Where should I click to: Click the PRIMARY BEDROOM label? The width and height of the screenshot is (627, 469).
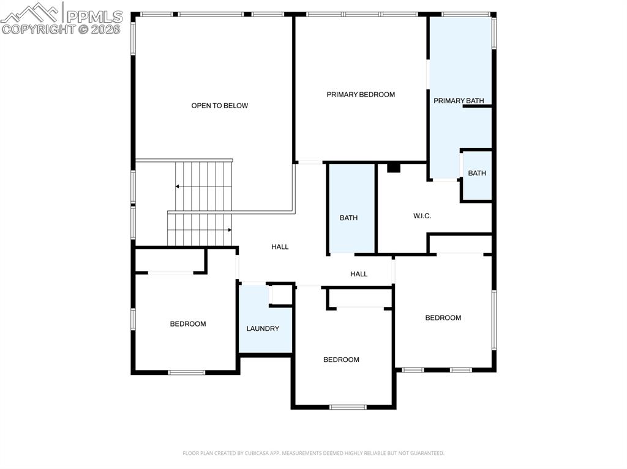361,95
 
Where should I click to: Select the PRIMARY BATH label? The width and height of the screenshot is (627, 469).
459,101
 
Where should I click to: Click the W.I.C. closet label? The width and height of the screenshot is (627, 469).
422,216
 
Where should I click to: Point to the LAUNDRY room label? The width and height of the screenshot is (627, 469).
263,329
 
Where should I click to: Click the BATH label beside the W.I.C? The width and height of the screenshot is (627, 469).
348,218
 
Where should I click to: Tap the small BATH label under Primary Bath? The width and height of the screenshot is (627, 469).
477,174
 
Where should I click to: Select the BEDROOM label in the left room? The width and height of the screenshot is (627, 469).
188,324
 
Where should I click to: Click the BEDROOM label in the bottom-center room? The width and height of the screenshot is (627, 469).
341,360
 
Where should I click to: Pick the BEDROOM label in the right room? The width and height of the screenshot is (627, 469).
443,318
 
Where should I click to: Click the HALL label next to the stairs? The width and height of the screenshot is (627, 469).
280,247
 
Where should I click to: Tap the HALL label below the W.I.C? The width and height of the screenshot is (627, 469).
359,274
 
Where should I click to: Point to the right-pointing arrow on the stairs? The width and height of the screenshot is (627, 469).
229,230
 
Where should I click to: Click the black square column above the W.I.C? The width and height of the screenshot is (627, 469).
394,168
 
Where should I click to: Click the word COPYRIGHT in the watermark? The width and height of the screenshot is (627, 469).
38,29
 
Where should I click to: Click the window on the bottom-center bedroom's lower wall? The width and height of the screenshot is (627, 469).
348,407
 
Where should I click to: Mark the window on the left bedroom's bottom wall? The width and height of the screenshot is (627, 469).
187,372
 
